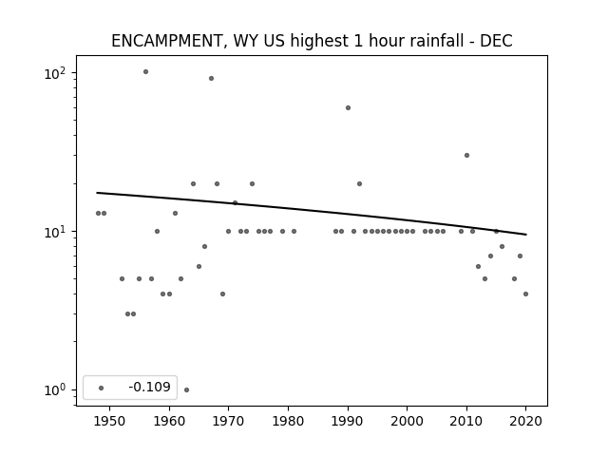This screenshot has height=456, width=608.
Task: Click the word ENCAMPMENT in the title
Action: pos(167,41)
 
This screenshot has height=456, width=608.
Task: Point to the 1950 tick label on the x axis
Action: pos(110,421)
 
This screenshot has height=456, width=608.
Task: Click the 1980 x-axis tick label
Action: pos(289,421)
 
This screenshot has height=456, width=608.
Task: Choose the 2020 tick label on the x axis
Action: pos(525,421)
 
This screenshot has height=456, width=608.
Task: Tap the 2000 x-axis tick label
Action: pos(408,421)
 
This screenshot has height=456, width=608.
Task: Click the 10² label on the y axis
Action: pos(55,72)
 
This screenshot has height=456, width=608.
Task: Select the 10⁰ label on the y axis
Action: pos(55,389)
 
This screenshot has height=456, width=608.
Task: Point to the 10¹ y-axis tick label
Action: pos(55,232)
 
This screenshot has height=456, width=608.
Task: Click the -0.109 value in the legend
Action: pos(150,387)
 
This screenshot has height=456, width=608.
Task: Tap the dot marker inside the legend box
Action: pos(102,388)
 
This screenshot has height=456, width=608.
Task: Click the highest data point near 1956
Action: pos(145,72)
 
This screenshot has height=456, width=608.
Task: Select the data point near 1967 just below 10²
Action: pos(211,78)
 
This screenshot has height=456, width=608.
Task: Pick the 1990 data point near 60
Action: pos(349,107)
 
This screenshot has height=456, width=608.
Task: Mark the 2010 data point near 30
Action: pos(466,156)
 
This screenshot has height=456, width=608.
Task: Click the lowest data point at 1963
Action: pos(186,389)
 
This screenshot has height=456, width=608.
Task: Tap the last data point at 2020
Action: pos(525,294)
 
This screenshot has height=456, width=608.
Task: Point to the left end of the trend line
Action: pos(97,193)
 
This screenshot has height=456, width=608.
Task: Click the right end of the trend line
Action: pos(526,235)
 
